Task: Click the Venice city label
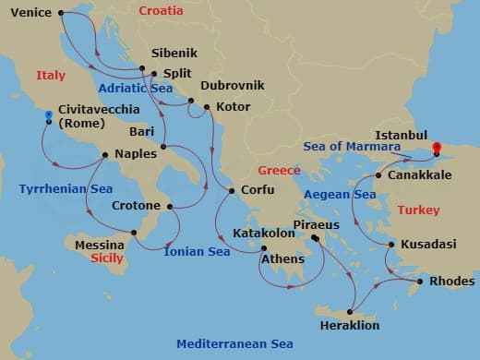(30, 13)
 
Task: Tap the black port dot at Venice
(61, 13)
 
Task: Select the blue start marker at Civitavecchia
(49, 116)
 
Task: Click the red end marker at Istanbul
(437, 147)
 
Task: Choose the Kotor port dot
(208, 107)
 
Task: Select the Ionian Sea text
(197, 250)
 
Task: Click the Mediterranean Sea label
(235, 343)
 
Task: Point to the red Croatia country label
(161, 11)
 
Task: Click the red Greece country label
(281, 171)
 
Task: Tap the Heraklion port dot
(351, 311)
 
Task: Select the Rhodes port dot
(421, 282)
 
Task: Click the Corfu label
(257, 191)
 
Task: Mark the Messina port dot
(135, 233)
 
